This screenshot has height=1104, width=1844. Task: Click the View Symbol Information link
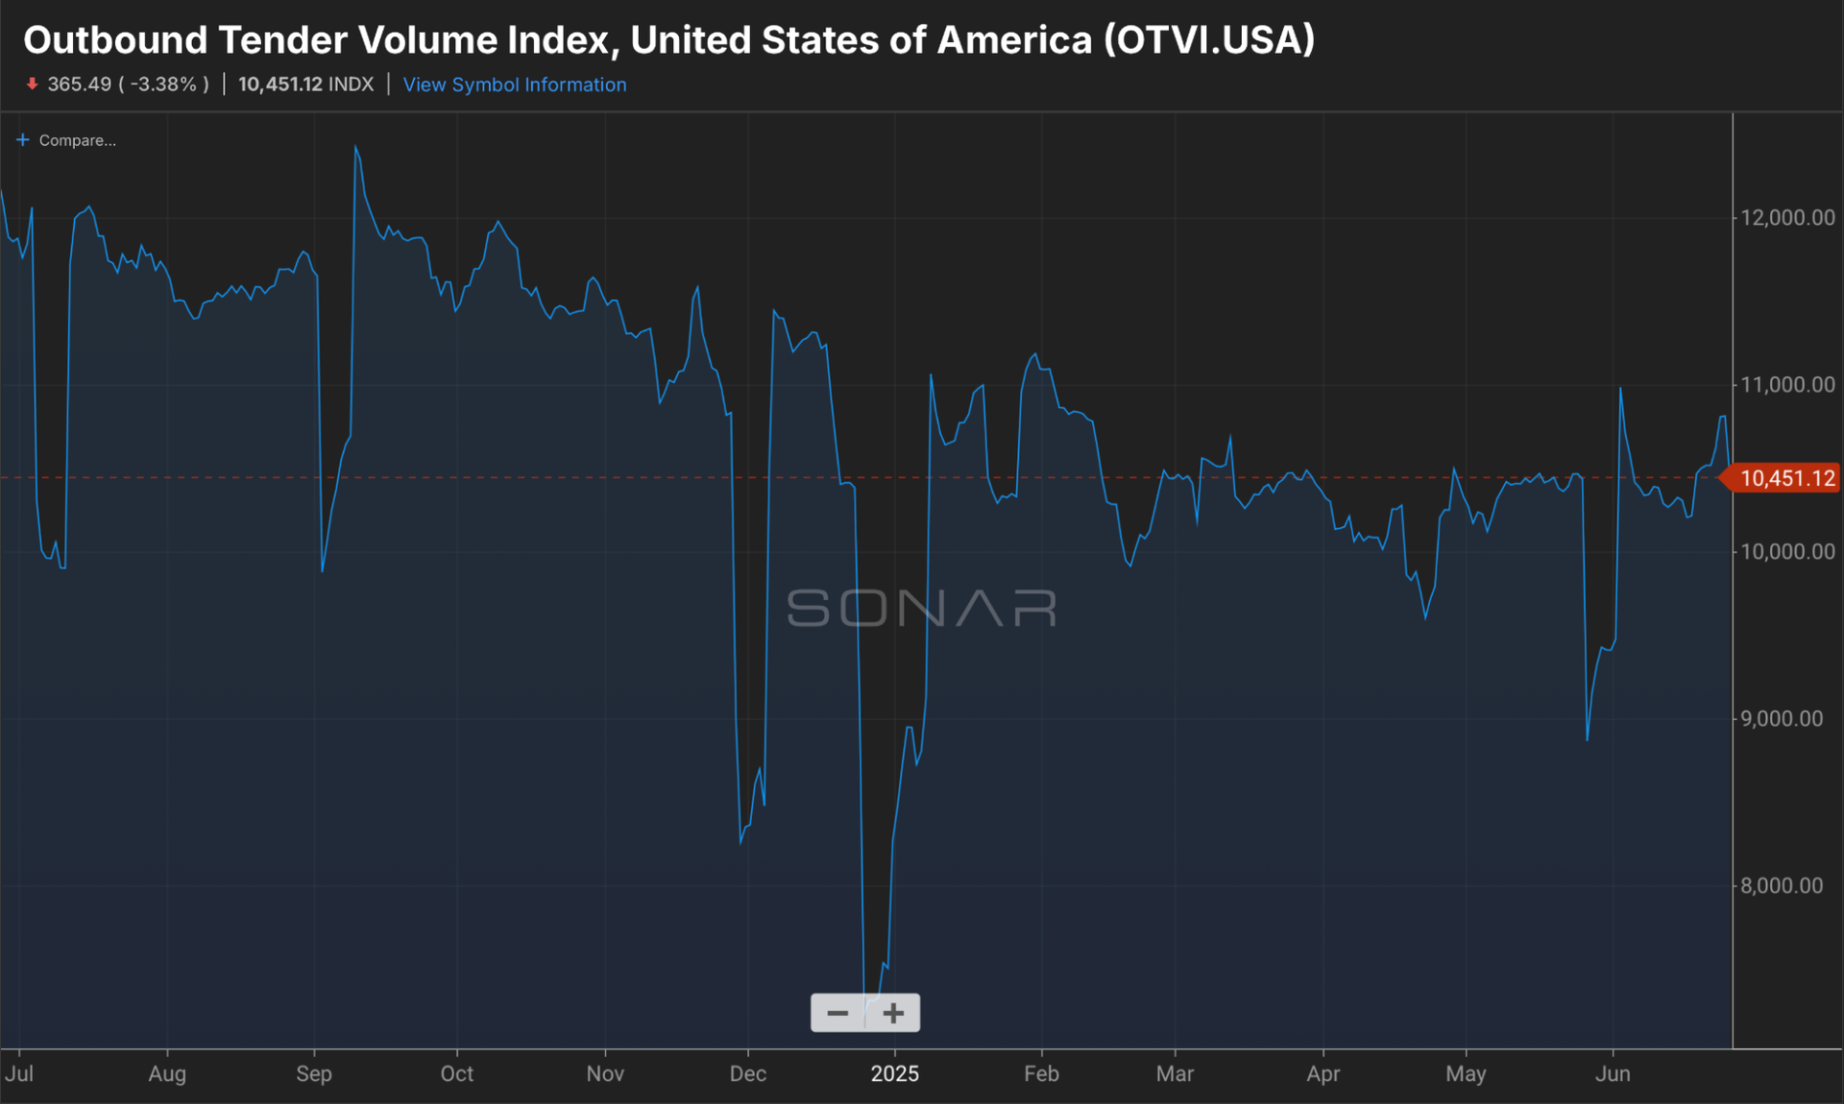(514, 84)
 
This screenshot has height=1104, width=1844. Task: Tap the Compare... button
(66, 140)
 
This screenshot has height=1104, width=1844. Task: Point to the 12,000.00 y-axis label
(1786, 218)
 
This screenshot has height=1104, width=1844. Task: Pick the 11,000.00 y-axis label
(1786, 385)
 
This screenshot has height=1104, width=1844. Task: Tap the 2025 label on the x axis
(894, 1073)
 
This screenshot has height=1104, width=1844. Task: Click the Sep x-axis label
(314, 1073)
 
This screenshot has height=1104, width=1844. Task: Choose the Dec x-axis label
(747, 1073)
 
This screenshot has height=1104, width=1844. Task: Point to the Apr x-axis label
(1322, 1073)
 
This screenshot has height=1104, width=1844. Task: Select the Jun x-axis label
(1613, 1073)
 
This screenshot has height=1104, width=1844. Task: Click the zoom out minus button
(837, 1014)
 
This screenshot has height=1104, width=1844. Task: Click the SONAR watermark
(921, 609)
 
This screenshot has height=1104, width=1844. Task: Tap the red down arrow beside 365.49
(32, 84)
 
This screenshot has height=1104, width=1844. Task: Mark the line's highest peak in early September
(355, 147)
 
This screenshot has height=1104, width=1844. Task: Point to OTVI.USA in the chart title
(1209, 40)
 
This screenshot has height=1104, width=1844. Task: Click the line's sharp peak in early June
(1620, 389)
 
